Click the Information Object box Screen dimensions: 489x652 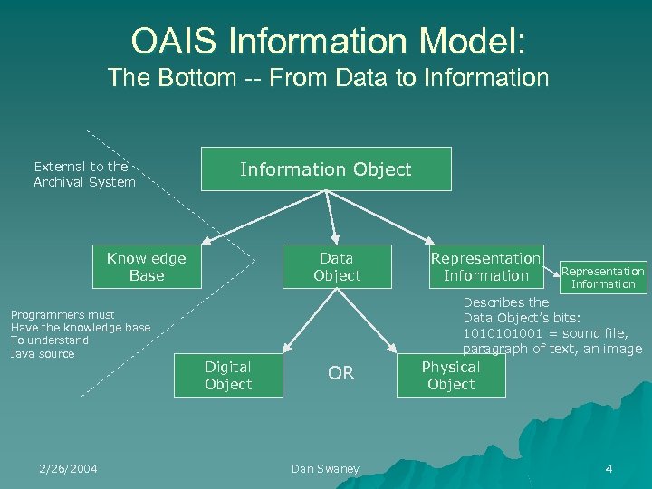(325, 169)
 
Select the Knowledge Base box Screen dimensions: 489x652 (146, 267)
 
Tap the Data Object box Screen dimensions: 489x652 (337, 267)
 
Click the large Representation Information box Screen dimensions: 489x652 (486, 267)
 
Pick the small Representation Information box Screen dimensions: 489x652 (603, 277)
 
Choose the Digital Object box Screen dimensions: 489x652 (228, 376)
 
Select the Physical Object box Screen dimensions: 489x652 (451, 376)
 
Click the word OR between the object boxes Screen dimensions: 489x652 (340, 374)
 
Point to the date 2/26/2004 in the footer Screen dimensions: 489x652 (68, 468)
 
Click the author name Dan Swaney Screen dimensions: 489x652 (325, 468)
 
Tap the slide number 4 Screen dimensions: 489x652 (609, 468)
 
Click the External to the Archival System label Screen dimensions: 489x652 (84, 174)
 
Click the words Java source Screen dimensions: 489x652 (43, 353)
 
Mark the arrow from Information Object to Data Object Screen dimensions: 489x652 (331, 217)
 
